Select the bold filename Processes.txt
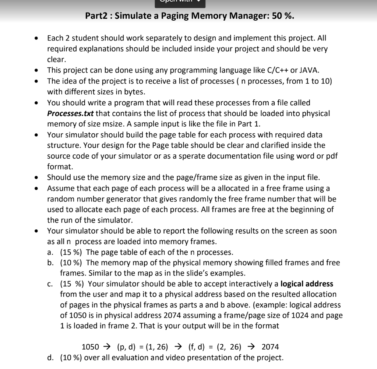tap(70, 113)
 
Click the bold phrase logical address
tap(307, 284)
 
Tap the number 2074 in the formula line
tap(270, 347)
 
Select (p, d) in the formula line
tap(126, 347)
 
